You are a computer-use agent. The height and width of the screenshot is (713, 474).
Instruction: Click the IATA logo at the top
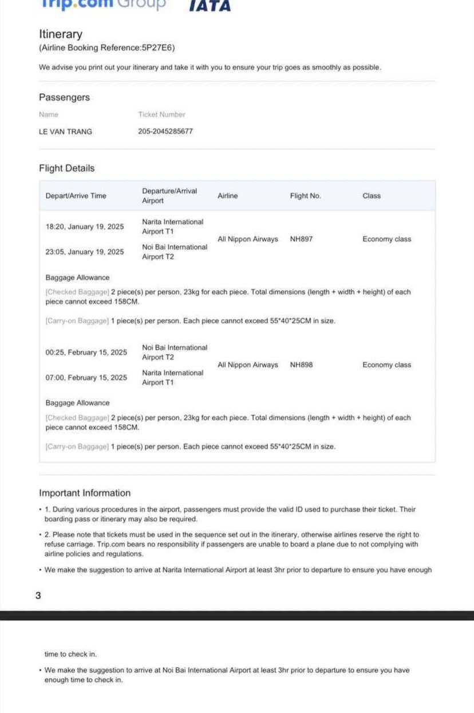point(210,6)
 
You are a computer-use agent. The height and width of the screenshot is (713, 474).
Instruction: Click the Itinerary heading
point(61,34)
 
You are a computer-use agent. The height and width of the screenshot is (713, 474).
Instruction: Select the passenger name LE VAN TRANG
point(65,132)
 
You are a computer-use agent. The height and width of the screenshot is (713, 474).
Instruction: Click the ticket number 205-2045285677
point(165,132)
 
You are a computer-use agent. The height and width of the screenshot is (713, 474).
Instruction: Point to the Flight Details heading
point(66,168)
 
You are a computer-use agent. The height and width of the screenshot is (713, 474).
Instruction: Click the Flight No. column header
point(305,196)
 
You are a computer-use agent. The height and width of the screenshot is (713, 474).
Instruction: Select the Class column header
point(371,196)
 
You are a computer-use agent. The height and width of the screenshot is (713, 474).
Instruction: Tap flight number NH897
point(301,239)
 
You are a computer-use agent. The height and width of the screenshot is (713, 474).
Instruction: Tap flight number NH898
point(301,365)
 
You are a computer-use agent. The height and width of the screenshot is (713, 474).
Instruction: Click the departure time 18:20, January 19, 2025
point(84,226)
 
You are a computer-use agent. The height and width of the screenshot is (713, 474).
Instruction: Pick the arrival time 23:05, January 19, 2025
point(84,252)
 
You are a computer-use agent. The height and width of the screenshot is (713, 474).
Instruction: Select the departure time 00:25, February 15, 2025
point(86,352)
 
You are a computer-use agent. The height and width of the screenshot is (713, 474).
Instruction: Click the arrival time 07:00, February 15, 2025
point(86,377)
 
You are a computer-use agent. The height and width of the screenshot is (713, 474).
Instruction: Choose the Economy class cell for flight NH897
point(386,239)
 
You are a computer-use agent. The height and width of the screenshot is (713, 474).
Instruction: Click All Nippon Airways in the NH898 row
point(248,365)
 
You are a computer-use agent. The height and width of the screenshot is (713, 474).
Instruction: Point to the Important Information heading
point(85,493)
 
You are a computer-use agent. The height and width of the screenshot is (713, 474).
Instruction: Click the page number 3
point(38,595)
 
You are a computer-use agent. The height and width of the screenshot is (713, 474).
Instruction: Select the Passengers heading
point(64,97)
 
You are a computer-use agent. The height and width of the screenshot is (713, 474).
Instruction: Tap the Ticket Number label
point(161,114)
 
